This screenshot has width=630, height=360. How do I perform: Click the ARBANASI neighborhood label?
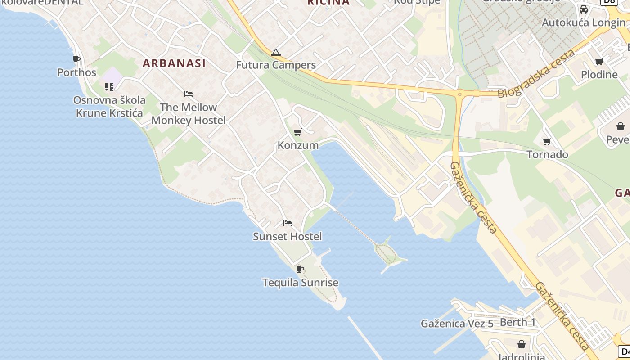[174, 63]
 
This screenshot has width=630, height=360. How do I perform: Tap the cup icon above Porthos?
[76, 59]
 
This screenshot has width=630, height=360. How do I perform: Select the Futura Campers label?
[276, 65]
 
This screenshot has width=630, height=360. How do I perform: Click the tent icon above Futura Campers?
[276, 53]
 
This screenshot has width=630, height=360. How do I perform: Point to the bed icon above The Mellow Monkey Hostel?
[189, 94]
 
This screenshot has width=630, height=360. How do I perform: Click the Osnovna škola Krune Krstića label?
[109, 107]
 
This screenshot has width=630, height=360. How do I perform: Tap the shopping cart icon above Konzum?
[297, 132]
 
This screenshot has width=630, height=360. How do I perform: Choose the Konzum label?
[298, 145]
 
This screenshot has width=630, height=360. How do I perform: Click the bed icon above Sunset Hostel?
[288, 223]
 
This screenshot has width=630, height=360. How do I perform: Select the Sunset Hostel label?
[288, 237]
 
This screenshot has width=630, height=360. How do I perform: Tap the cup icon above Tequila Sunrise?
[300, 270]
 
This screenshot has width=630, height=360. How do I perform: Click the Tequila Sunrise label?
[300, 283]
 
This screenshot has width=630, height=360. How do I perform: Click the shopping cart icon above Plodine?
[599, 62]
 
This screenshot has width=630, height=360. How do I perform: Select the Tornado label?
[547, 155]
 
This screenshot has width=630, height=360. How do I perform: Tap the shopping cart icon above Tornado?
[547, 142]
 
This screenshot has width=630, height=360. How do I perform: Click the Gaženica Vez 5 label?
[457, 324]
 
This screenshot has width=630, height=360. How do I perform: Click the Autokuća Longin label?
[583, 22]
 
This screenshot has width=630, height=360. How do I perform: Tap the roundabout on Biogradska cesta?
[460, 94]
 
